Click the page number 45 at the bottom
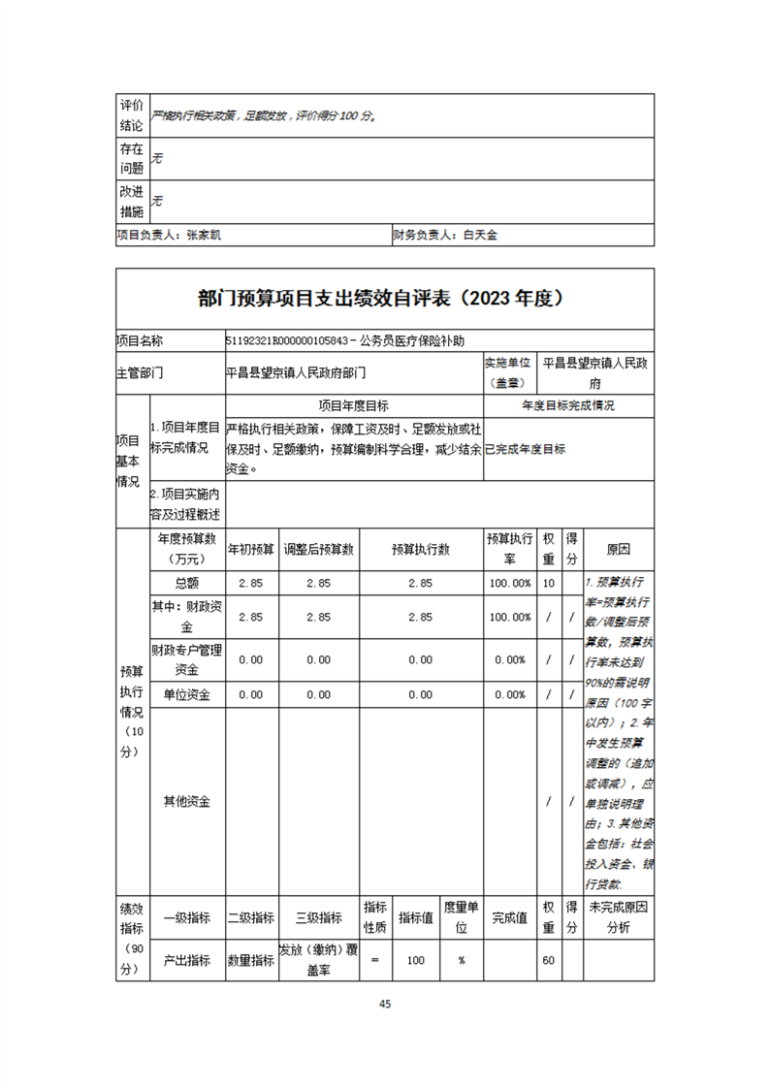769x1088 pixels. point(385,1004)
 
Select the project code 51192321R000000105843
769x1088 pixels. point(288,341)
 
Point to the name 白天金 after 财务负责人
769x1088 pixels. point(480,235)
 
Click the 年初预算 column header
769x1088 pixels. point(251,549)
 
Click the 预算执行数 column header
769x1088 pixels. point(420,549)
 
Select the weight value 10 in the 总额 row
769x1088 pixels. point(549,584)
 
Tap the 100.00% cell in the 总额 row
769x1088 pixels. point(511,584)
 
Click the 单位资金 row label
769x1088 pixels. point(187,694)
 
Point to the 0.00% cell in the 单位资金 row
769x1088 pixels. point(511,694)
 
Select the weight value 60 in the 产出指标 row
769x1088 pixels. point(549,960)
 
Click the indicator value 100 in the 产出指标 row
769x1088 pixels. point(416,960)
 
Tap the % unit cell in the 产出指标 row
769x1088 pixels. point(462,960)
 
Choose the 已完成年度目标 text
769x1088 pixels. point(525,449)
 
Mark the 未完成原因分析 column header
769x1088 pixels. point(618,917)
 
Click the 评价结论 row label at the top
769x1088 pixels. point(131,115)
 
